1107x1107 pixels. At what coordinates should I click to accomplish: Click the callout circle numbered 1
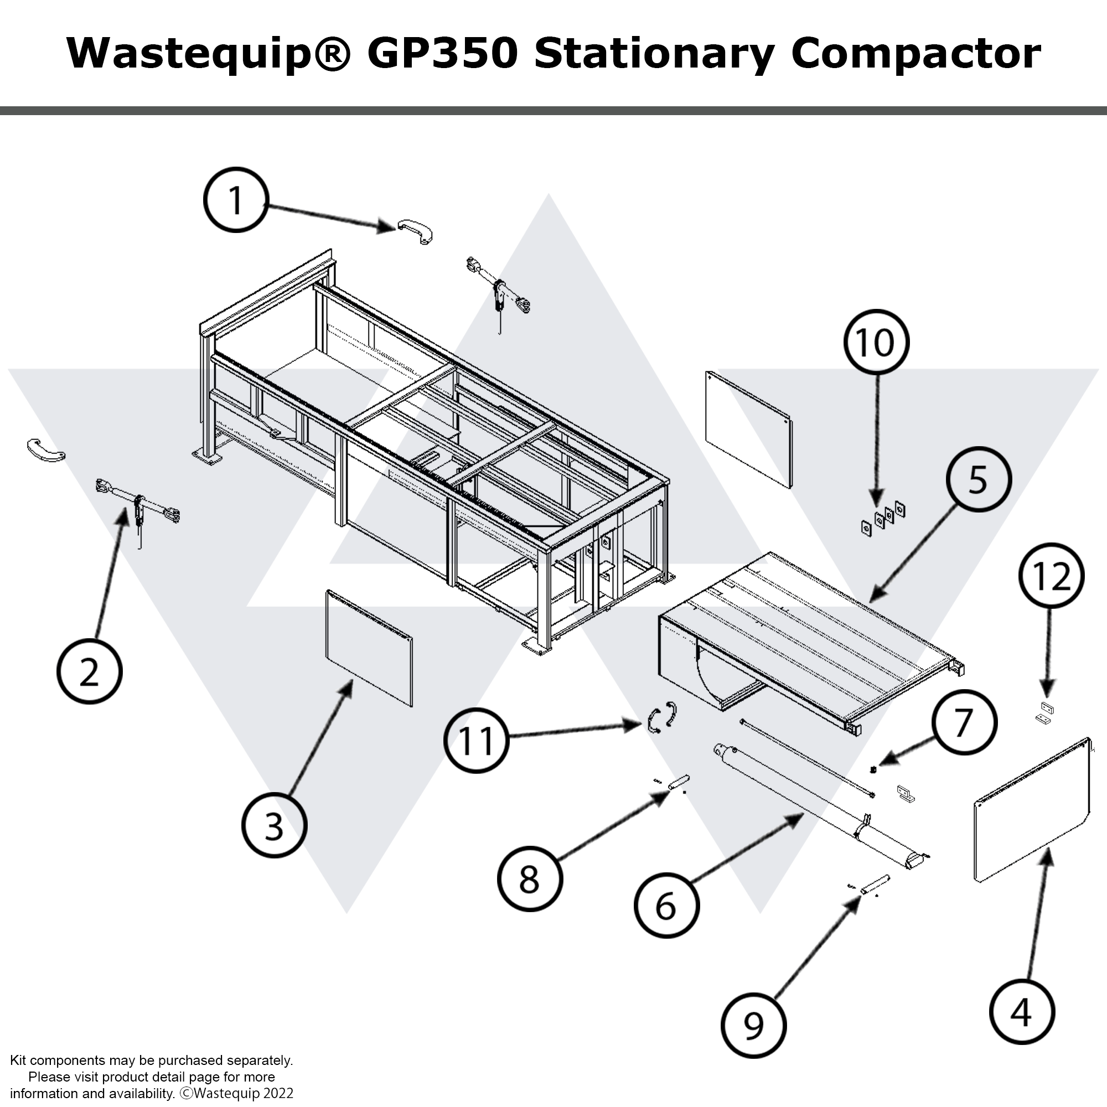[x=235, y=199]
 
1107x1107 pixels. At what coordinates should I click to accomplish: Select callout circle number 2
[x=89, y=671]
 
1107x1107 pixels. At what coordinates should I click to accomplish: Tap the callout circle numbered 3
[x=274, y=825]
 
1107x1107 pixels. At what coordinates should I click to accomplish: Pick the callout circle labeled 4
[x=1022, y=1012]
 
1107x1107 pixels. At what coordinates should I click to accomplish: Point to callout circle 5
[x=978, y=479]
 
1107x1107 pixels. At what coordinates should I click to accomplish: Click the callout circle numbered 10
[x=876, y=342]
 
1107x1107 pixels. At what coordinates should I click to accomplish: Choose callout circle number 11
[x=476, y=740]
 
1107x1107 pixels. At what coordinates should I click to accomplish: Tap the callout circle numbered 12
[x=1052, y=575]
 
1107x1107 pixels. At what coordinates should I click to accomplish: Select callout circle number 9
[x=753, y=1025]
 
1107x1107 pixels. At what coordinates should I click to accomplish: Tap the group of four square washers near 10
[x=883, y=518]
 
